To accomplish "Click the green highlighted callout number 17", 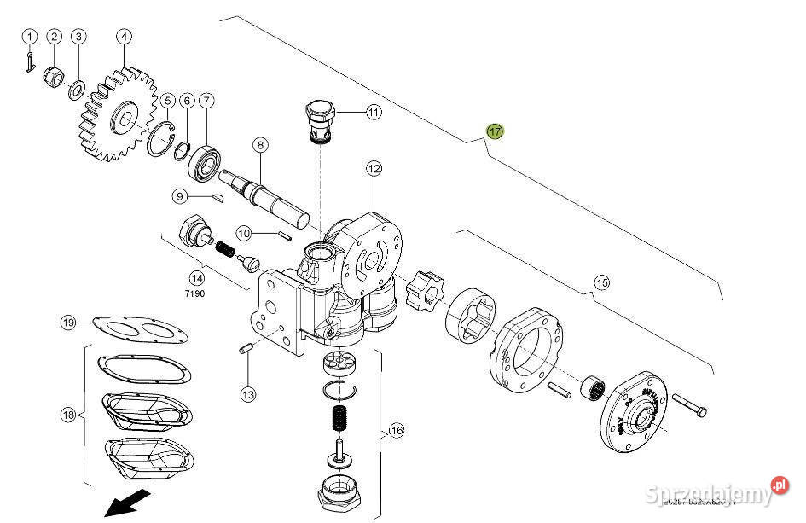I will point(495,131).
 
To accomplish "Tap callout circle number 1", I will point(30,36).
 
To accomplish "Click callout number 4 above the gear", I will point(125,36).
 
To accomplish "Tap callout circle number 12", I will point(374,168).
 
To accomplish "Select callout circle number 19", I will point(68,323).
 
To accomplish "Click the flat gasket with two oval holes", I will point(141,328).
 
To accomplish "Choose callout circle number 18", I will point(68,415).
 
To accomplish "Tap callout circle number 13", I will point(247,395).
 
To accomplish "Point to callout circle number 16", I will point(396,431).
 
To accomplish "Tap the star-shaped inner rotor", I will point(425,289).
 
